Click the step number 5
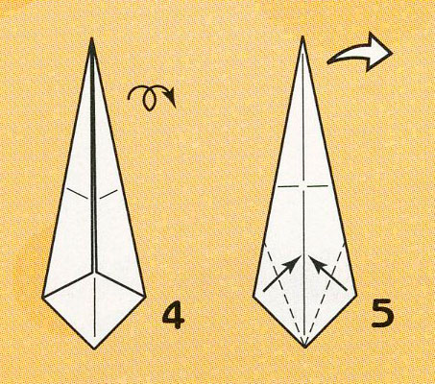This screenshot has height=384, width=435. pos(382,314)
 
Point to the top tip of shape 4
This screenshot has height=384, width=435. pos(92,37)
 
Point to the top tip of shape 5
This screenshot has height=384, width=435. pos(302,36)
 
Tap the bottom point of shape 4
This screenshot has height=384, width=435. pos(94,348)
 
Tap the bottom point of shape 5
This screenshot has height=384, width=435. pos(304,348)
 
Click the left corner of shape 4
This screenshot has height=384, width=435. pos(42,297)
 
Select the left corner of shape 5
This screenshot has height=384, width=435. pos(254,297)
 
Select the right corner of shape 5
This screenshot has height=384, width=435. pos(356,296)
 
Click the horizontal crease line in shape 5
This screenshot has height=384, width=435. pos(302,185)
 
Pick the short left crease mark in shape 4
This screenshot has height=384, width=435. pos(77,194)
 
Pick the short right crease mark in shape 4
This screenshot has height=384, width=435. pos(109,194)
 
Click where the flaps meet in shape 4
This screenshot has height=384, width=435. pos(95,274)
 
